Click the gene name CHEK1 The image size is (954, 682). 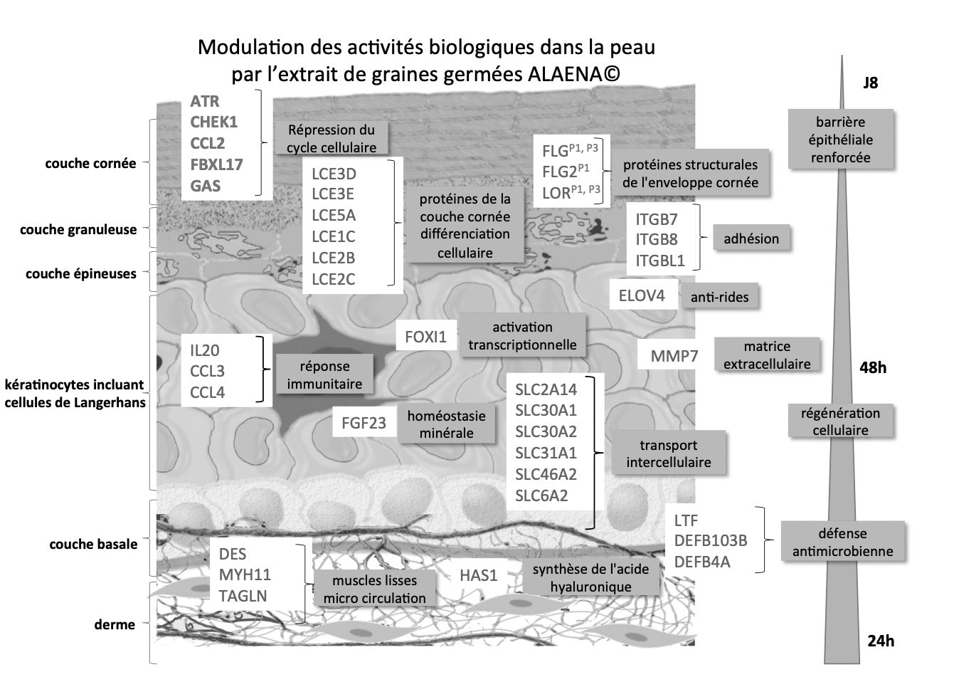pyautogui.click(x=213, y=122)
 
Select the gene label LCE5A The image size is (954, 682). pyautogui.click(x=334, y=215)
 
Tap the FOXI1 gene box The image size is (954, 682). pyautogui.click(x=425, y=337)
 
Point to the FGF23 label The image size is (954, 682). pyautogui.click(x=363, y=423)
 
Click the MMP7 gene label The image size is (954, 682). pyautogui.click(x=674, y=356)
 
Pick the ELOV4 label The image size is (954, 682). pyautogui.click(x=642, y=295)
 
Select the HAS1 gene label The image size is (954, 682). pyautogui.click(x=478, y=575)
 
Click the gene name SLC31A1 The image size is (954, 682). pyautogui.click(x=546, y=453)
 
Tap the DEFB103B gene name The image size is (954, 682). pyautogui.click(x=711, y=541)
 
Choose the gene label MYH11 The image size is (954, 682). pyautogui.click(x=245, y=575)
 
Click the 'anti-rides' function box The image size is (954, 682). pyautogui.click(x=719, y=297)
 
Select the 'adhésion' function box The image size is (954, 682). pyautogui.click(x=751, y=239)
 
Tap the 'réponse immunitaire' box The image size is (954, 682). pyautogui.click(x=324, y=375)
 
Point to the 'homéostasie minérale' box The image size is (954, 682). pyautogui.click(x=446, y=424)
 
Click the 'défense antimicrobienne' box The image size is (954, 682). pyautogui.click(x=842, y=542)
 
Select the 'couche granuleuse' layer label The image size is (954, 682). pyautogui.click(x=78, y=230)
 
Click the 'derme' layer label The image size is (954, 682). pyautogui.click(x=115, y=624)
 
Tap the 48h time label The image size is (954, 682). pyautogui.click(x=873, y=368)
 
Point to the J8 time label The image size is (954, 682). pyautogui.click(x=870, y=83)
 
